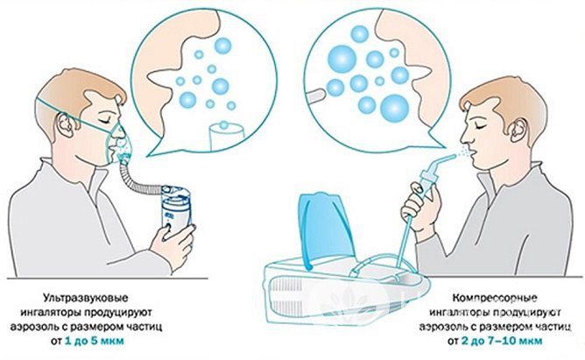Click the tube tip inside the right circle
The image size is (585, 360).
coord(314,91)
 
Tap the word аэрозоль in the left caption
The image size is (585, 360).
coord(67,325)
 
